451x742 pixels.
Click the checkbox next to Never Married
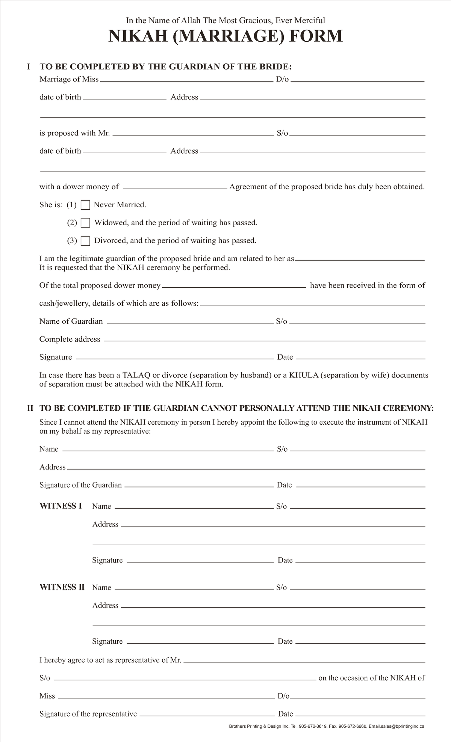86,205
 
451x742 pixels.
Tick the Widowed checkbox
86,223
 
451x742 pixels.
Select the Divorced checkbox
86,241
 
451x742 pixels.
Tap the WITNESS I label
61,506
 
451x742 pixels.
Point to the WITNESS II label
62,587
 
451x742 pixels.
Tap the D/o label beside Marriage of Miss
282,79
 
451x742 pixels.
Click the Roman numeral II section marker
30,408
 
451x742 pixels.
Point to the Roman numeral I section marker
28,67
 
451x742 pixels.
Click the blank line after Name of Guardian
190,323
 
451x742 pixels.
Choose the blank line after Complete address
264,341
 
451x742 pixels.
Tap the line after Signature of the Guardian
199,487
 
